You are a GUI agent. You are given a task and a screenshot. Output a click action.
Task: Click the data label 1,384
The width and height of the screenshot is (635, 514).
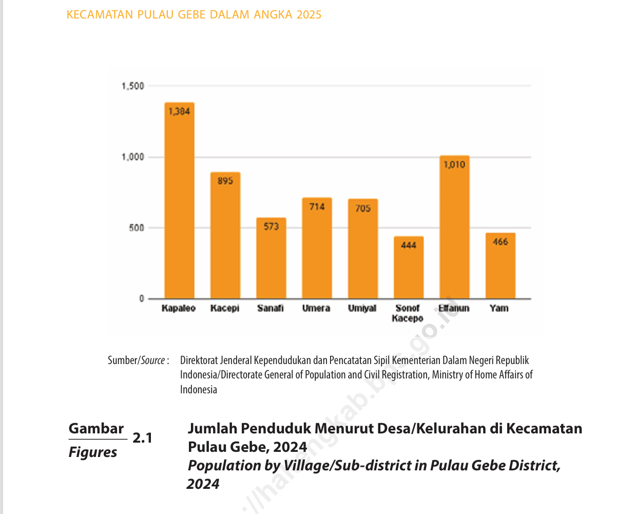tap(179, 111)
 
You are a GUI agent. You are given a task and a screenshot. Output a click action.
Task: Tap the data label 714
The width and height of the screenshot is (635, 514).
tap(317, 206)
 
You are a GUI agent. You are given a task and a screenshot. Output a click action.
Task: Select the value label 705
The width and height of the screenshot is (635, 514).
tap(363, 208)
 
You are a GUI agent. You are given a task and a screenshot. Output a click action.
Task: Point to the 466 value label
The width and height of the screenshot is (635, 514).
tap(500, 242)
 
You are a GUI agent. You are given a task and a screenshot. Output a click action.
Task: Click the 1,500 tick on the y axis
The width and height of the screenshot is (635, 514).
tap(133, 86)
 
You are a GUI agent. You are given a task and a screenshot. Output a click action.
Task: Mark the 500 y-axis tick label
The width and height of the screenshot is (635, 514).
tap(137, 227)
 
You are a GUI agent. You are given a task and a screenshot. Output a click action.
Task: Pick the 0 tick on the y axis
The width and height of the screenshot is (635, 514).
tap(142, 298)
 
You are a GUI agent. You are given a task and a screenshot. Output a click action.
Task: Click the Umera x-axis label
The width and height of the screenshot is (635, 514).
tap(316, 308)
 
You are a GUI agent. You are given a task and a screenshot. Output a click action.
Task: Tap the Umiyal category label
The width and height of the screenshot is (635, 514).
tap(362, 308)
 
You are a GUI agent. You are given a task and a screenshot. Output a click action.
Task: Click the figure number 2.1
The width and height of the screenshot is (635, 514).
tap(142, 438)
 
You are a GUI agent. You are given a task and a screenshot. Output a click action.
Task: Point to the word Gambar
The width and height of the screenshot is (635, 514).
tap(97, 429)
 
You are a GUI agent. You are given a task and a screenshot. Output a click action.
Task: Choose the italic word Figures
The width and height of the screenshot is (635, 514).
tap(93, 452)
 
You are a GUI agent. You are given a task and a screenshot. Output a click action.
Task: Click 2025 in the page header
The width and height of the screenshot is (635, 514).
tap(309, 15)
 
